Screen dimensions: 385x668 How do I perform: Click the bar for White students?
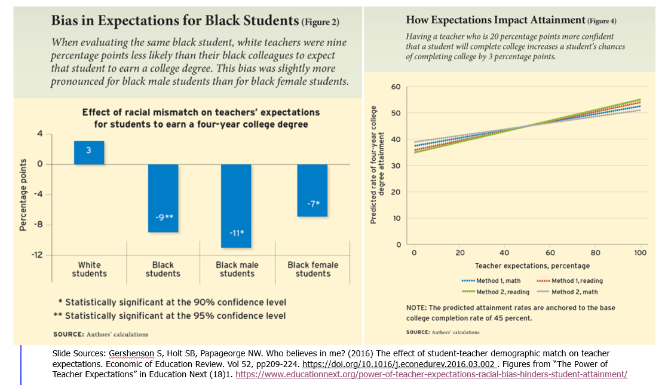click(89, 152)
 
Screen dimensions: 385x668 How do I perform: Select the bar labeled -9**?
click(163, 198)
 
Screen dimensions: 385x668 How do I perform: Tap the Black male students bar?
click(237, 206)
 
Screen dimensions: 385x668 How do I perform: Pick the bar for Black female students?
click(312, 190)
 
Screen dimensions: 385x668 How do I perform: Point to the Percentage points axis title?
click(23, 194)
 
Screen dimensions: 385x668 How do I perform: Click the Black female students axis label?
click(312, 269)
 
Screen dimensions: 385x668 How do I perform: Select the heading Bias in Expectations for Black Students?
click(174, 22)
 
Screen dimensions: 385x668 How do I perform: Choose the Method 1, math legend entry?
click(491, 280)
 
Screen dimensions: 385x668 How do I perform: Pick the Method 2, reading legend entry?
click(495, 292)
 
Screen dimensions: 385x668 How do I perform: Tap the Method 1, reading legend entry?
click(569, 280)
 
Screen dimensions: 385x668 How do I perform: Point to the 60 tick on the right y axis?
click(396, 87)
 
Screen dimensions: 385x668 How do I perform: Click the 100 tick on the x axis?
click(641, 253)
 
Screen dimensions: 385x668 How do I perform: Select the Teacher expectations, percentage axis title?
click(532, 265)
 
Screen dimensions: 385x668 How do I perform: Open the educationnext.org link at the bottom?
click(431, 374)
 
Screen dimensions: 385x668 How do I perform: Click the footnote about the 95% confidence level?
click(171, 316)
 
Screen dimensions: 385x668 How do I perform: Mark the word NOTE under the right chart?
click(417, 307)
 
